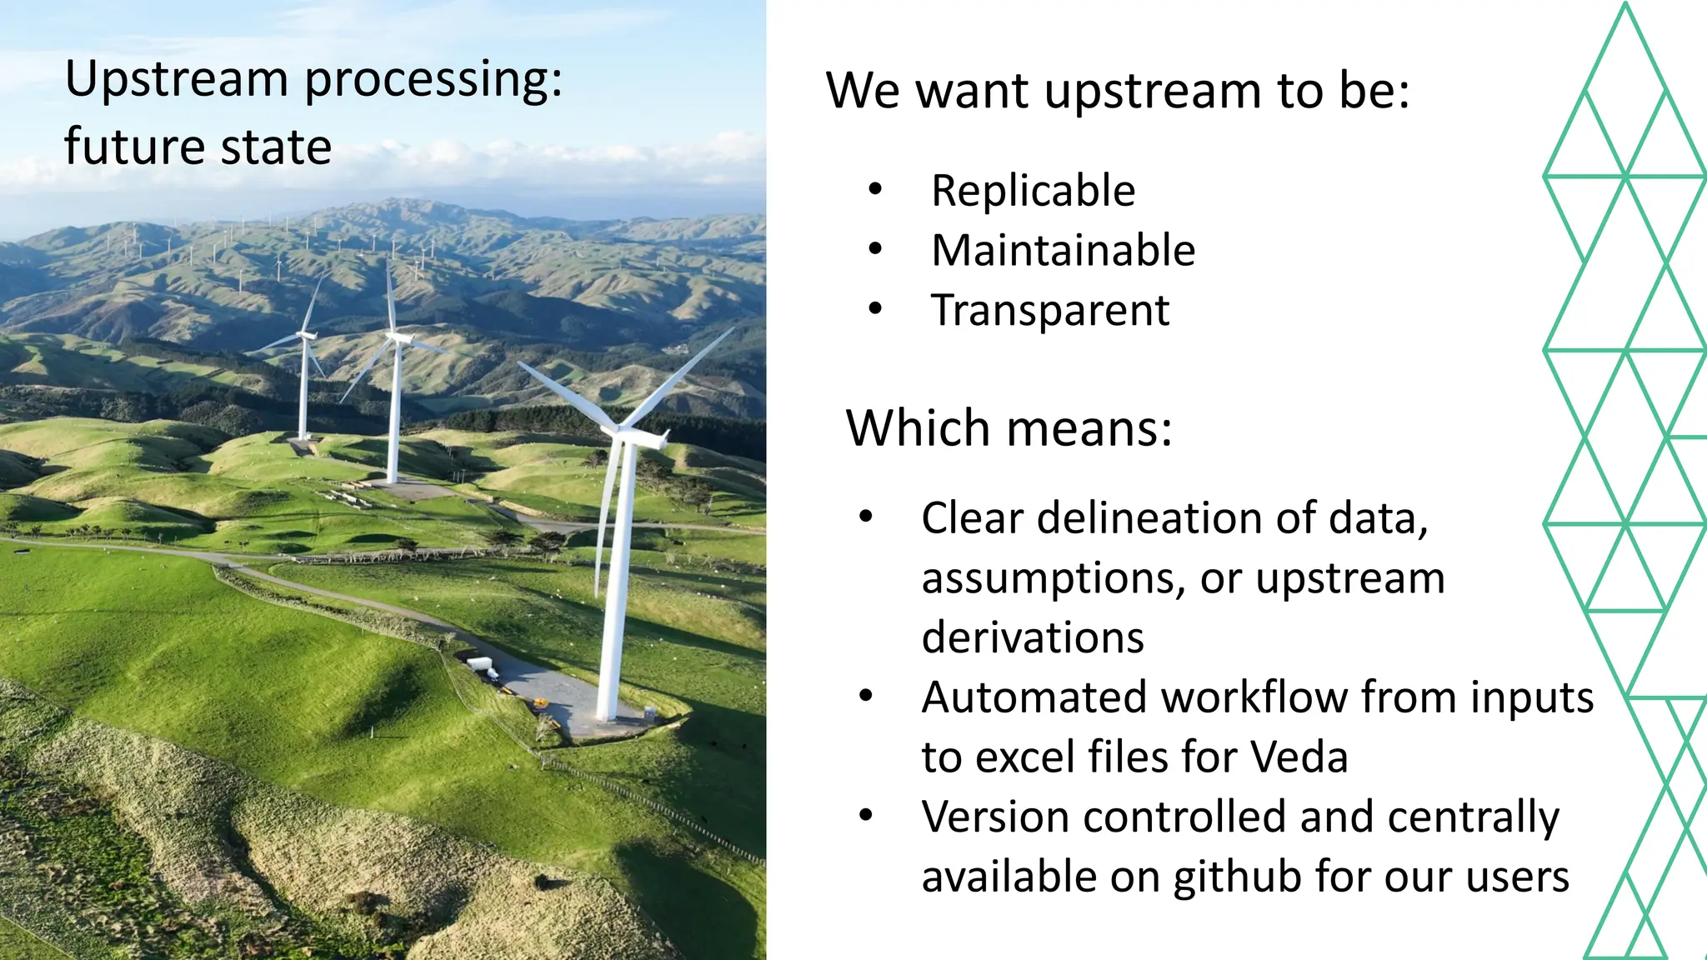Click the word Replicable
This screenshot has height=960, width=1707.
pos(1033,191)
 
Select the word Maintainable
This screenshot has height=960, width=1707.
pos(1063,251)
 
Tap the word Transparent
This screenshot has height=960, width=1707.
pos(1050,311)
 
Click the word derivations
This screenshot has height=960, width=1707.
pos(1033,638)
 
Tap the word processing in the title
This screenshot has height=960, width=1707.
pos(433,81)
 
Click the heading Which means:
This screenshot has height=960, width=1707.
pos(1009,428)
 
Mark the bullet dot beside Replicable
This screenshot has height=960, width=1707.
pos(874,190)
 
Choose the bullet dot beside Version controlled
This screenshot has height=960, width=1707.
pos(866,815)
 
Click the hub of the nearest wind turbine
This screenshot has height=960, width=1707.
pos(621,431)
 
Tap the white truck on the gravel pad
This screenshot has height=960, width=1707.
pos(481,665)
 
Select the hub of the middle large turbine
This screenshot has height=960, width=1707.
pos(393,337)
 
